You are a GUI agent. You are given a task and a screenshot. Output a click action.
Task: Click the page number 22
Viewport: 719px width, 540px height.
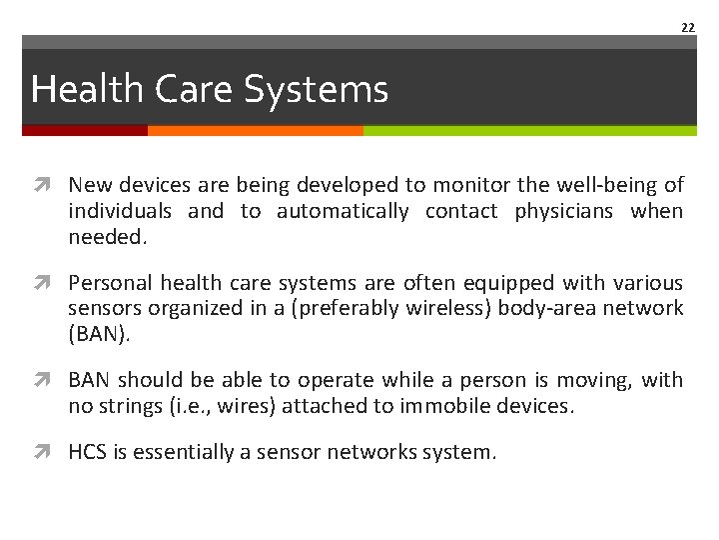(687, 28)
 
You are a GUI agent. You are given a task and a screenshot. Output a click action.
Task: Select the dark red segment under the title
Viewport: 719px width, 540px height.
(85, 130)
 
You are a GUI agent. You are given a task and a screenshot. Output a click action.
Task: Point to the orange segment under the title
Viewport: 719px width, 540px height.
(255, 130)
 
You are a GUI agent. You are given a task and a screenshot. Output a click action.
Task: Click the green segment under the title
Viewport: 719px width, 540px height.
(529, 130)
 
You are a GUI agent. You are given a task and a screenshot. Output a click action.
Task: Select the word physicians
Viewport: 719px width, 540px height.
(563, 211)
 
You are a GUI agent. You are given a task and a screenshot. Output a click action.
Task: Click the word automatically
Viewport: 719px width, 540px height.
(343, 211)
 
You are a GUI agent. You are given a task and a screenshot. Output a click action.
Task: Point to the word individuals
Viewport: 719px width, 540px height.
(119, 211)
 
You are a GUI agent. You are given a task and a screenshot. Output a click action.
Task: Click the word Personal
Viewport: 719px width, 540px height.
(106, 283)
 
